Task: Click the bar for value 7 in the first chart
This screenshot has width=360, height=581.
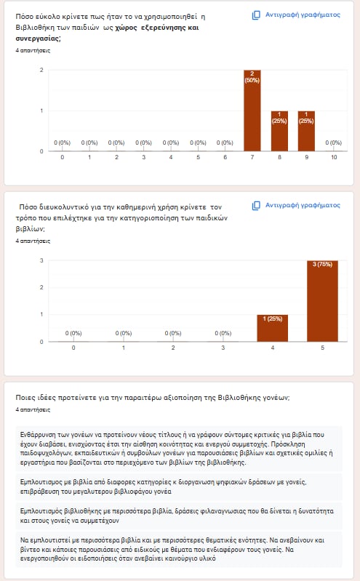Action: pyautogui.click(x=252, y=111)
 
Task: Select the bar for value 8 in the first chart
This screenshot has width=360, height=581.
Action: pyautogui.click(x=279, y=131)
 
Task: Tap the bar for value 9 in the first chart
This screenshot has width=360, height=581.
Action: pyautogui.click(x=306, y=131)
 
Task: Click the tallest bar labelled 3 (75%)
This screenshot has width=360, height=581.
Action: pyautogui.click(x=323, y=301)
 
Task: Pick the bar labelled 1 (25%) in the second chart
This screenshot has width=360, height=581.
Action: pyautogui.click(x=273, y=328)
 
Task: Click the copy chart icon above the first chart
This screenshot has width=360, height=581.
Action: pyautogui.click(x=256, y=15)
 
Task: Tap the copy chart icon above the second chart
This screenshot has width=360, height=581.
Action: pyautogui.click(x=256, y=206)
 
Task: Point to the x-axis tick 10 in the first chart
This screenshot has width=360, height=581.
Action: pyautogui.click(x=334, y=157)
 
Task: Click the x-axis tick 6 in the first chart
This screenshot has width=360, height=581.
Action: pyautogui.click(x=225, y=157)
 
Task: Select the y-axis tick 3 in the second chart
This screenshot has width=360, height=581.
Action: pyautogui.click(x=41, y=260)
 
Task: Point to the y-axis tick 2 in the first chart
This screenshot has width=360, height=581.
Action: pyautogui.click(x=41, y=70)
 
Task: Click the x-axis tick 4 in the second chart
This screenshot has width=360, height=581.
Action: pyautogui.click(x=273, y=348)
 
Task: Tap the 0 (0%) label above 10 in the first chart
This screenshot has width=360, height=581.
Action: pyautogui.click(x=333, y=143)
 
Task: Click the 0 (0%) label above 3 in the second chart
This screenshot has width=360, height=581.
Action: pyautogui.click(x=223, y=333)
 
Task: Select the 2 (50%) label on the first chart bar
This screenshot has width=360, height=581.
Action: pyautogui.click(x=252, y=76)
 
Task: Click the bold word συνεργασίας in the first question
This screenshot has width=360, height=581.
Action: pyautogui.click(x=37, y=39)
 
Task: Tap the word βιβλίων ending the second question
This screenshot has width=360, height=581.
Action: pyautogui.click(x=29, y=229)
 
